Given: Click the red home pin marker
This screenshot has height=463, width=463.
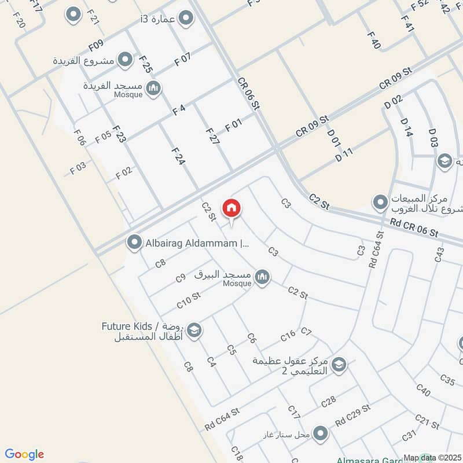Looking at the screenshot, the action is [x=231, y=208].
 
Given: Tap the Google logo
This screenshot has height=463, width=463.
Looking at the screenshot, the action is [x=24, y=454].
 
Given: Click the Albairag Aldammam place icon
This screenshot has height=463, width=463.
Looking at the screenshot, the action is [x=134, y=242].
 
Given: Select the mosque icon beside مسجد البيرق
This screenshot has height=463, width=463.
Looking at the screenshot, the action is [x=263, y=277].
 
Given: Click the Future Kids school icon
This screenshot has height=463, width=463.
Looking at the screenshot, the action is [x=194, y=330].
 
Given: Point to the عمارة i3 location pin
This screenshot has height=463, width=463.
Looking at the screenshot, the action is [x=185, y=19].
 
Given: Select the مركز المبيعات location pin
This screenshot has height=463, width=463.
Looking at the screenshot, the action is [x=380, y=202].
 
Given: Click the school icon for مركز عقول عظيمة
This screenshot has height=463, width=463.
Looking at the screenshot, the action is [x=339, y=364].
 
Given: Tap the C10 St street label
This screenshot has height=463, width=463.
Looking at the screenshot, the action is [x=188, y=300].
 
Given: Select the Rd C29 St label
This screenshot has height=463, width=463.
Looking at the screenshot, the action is [x=352, y=414].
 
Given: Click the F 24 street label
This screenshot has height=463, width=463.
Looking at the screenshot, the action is [x=178, y=156].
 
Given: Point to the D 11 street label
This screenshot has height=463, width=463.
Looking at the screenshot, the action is [x=343, y=155].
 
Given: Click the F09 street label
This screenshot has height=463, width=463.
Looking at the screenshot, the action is [x=96, y=44].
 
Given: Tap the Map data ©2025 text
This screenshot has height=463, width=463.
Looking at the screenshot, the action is [x=432, y=457].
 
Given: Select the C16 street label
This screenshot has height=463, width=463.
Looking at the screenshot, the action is [x=288, y=336].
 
